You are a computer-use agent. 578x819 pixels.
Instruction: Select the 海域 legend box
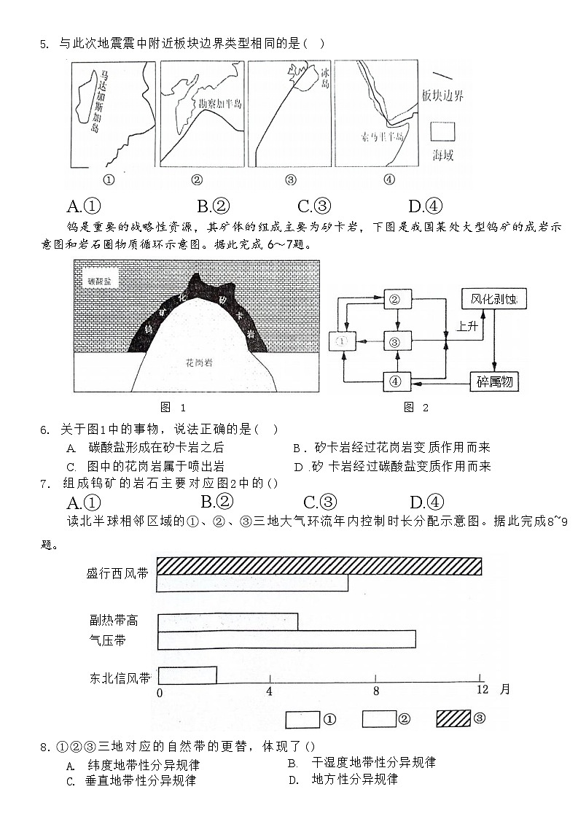(442, 131)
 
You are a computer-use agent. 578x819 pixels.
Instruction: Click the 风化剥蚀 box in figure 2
(493, 299)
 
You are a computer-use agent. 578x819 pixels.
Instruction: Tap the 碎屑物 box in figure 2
(493, 381)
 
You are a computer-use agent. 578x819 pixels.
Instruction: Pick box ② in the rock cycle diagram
(397, 299)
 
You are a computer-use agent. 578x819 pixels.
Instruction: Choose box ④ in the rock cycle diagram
(397, 381)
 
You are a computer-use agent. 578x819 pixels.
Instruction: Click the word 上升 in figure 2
(467, 327)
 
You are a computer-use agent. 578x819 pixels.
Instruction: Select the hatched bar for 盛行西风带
(319, 566)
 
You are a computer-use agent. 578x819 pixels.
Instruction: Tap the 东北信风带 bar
(187, 675)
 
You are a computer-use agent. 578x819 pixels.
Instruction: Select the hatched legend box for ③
(453, 718)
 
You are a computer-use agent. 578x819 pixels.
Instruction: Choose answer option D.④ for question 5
(426, 206)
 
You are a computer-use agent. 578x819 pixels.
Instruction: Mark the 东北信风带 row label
(120, 678)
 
